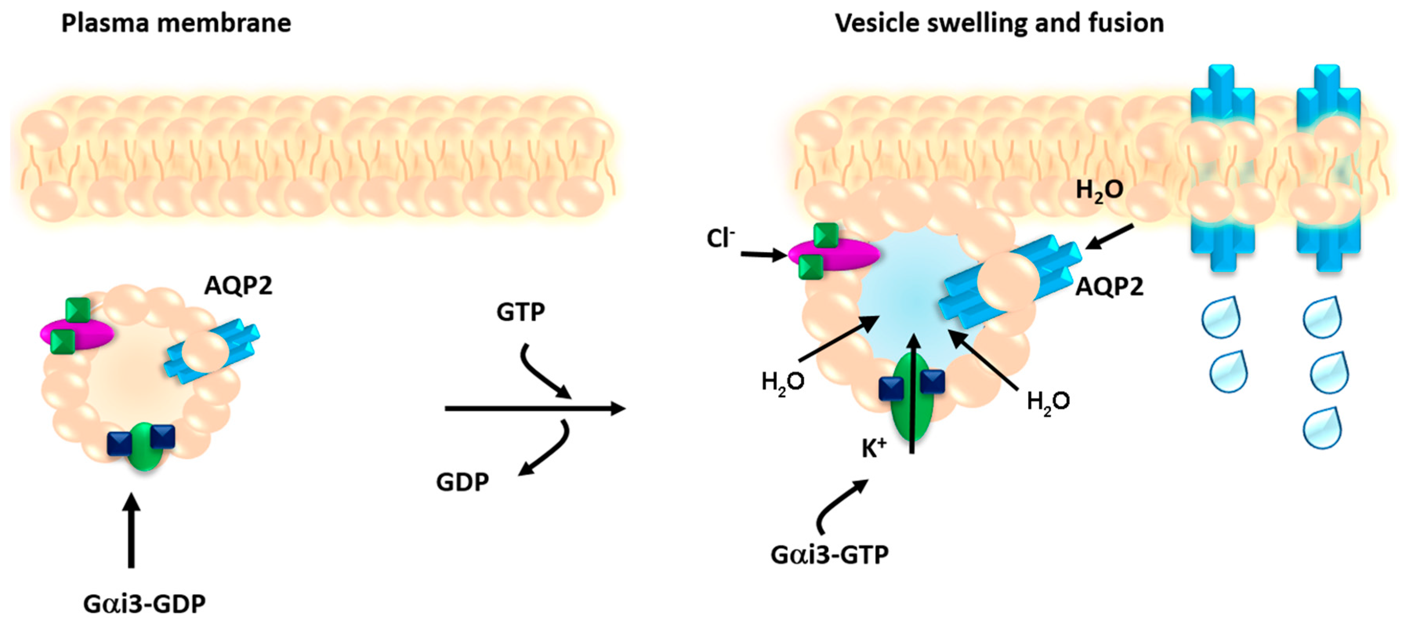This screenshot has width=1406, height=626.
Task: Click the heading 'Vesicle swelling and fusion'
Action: pyautogui.click(x=999, y=24)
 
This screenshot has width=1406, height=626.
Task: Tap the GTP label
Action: pyautogui.click(x=520, y=312)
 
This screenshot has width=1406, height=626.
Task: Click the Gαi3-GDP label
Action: pyautogui.click(x=144, y=604)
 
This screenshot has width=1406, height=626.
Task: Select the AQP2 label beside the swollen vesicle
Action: pyautogui.click(x=1109, y=286)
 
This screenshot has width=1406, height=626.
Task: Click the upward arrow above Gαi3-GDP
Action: pyautogui.click(x=131, y=529)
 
